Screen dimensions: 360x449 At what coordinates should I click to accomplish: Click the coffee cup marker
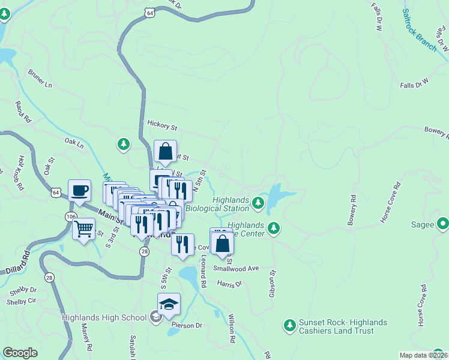[79, 191]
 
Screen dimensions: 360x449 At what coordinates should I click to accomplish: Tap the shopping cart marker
[83, 228]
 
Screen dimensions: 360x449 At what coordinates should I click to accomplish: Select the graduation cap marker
[169, 304]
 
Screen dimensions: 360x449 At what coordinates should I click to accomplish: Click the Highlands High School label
[104, 318]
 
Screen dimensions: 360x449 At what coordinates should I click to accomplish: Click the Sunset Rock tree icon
[290, 325]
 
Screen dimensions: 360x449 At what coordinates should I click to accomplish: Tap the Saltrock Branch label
[420, 30]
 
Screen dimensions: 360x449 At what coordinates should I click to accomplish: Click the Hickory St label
[162, 127]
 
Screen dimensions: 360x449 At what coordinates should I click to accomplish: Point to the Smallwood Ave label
[236, 269]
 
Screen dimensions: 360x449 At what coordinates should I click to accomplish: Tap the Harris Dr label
[229, 283]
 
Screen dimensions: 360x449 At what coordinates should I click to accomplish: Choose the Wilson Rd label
[232, 329]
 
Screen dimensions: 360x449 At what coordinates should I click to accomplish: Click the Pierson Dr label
[187, 325]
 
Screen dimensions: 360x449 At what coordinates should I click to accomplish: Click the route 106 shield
[71, 216]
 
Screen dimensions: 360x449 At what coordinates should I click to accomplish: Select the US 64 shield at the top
[149, 11]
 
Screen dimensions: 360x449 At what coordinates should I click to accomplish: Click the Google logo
[20, 353]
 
